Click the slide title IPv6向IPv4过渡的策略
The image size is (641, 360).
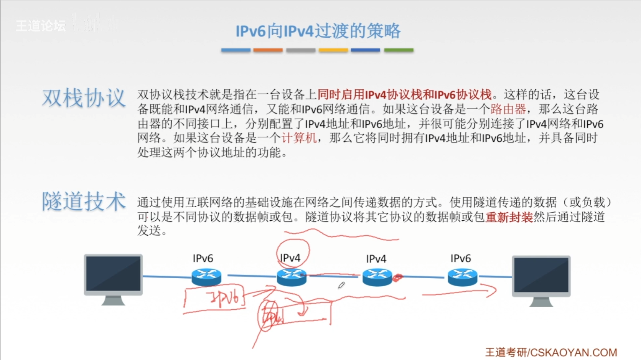tap(318, 31)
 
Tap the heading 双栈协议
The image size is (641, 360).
tap(84, 98)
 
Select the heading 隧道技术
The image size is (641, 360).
tap(84, 201)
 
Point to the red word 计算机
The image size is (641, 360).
tap(299, 138)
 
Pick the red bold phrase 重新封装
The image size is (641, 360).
tap(509, 217)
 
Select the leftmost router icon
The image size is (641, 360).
tap(206, 277)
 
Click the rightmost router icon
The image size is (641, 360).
tap(462, 277)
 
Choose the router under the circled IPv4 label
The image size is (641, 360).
tap(292, 277)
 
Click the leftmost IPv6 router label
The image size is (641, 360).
tap(203, 258)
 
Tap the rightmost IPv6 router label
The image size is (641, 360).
tap(460, 258)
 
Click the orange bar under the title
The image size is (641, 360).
tap(268, 50)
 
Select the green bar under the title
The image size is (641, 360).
tap(399, 50)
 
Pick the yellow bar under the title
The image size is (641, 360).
tap(333, 50)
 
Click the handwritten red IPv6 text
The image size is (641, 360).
tap(224, 298)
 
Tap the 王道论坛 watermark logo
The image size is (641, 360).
tap(41, 26)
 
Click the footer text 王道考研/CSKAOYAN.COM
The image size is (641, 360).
tap(551, 352)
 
